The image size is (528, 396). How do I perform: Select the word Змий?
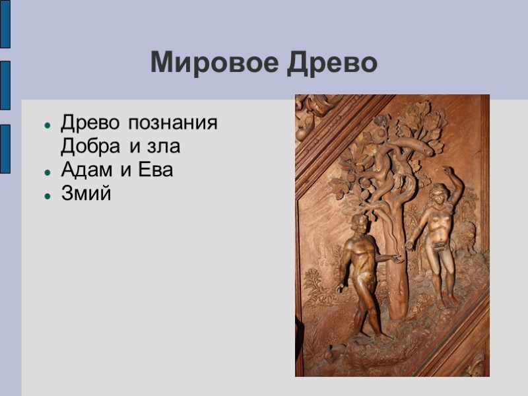click(86, 194)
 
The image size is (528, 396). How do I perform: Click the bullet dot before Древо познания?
click(48, 124)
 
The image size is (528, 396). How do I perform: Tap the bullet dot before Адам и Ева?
click(48, 171)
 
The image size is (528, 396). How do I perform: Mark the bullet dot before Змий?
click(48, 195)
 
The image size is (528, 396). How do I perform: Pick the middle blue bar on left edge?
click(5, 85)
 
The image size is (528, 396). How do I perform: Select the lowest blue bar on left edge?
click(5, 148)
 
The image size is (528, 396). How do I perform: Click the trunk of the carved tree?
click(395, 264)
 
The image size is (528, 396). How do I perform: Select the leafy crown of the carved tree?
click(396, 145)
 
